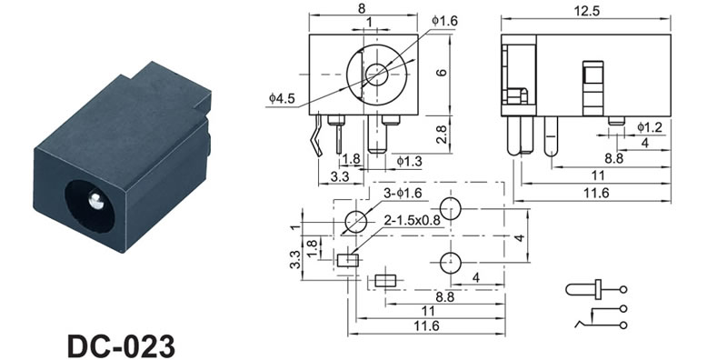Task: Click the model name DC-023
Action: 122,346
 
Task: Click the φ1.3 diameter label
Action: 410,161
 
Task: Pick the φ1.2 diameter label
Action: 650,127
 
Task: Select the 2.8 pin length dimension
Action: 443,135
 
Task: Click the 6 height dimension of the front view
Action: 443,73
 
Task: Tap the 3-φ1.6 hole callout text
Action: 403,194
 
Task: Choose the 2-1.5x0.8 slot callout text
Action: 412,221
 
